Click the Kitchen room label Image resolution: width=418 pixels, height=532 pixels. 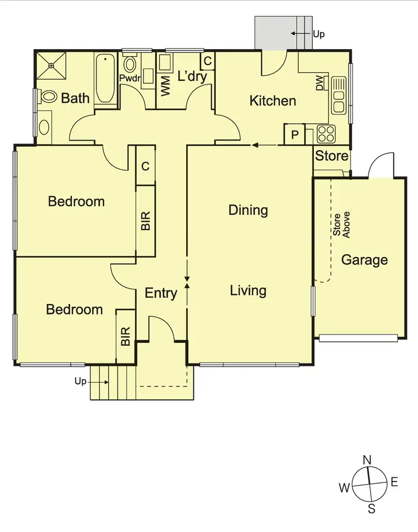coord(273,101)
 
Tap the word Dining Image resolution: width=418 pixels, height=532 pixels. coord(248,210)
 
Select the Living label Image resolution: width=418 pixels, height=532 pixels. coord(248,291)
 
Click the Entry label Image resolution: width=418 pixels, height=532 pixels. coord(161,293)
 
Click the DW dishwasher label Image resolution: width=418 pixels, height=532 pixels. coord(320,84)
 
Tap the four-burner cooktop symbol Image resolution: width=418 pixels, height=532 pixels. coord(325,134)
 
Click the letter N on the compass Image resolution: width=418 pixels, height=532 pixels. coord(367,460)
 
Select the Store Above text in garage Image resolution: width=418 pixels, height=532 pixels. coord(342,225)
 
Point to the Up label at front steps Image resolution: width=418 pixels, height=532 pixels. coord(81,382)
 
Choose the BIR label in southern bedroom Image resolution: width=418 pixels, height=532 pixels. coord(125,336)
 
